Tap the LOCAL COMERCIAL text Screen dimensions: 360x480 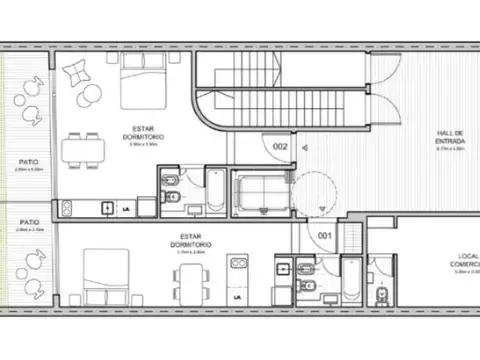click(x=461, y=263)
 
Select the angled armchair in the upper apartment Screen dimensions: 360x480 click(x=76, y=73)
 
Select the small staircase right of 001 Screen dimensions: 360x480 click(x=352, y=238)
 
